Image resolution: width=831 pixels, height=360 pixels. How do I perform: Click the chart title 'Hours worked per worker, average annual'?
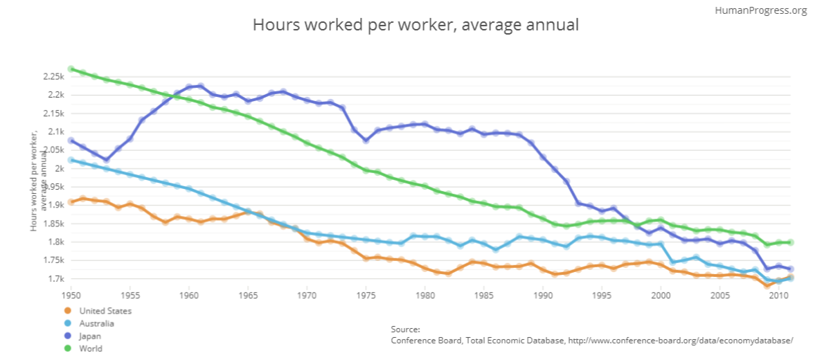pos(415,26)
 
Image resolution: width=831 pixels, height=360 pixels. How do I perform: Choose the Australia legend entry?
pos(96,323)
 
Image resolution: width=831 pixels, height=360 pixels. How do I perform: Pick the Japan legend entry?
pos(91,336)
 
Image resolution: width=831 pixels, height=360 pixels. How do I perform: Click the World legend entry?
pos(91,348)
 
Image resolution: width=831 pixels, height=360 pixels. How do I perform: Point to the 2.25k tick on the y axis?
pos(53,76)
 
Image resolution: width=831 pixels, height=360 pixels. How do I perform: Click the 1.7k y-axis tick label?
pos(55,279)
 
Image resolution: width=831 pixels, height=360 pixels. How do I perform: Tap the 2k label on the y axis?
pos(60,168)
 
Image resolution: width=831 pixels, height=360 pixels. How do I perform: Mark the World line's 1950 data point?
pos(71,69)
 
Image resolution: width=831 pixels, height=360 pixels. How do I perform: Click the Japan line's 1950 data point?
pos(71,141)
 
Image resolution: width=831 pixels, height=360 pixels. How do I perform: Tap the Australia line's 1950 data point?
pos(71,160)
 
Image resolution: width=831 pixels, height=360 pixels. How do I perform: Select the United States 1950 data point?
pos(71,202)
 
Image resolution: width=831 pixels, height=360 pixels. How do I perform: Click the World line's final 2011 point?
pos(791,242)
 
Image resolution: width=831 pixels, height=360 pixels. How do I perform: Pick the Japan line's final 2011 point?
pos(791,269)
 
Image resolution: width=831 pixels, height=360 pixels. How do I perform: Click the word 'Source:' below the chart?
pos(405,330)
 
